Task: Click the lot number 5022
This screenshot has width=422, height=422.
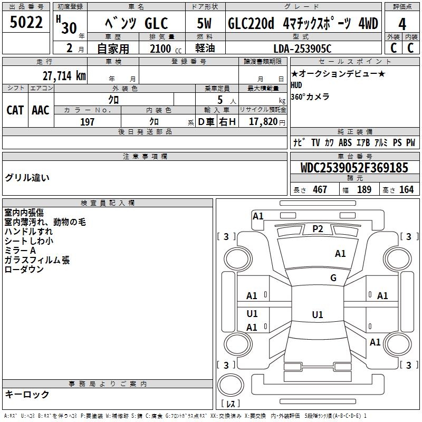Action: [x=26, y=24]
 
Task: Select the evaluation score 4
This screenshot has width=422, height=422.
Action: [x=402, y=24]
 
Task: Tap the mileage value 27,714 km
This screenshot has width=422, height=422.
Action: [x=64, y=75]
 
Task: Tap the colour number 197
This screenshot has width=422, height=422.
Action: [x=88, y=122]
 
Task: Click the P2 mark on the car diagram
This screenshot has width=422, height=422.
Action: [x=318, y=228]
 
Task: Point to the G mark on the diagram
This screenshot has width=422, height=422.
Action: [x=333, y=277]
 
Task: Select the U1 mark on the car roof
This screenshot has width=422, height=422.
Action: [x=317, y=314]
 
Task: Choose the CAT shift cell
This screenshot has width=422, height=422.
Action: [x=15, y=110]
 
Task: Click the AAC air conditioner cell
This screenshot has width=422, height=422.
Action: [x=41, y=110]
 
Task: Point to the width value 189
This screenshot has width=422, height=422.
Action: [x=364, y=189]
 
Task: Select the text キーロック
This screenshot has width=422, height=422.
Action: [x=27, y=394]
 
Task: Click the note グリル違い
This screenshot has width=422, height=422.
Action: [x=27, y=177]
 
